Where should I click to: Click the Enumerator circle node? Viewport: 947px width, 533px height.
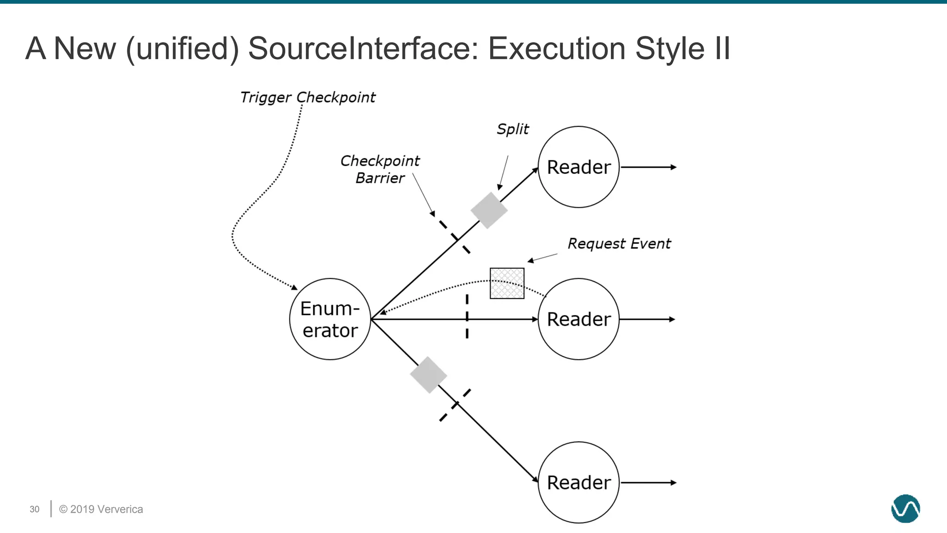point(330,319)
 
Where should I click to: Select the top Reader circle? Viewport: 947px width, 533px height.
point(578,167)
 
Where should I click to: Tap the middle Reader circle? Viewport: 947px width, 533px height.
point(578,319)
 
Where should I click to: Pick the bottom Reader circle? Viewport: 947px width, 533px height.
point(578,483)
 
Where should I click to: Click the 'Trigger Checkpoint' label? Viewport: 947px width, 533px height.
point(307,98)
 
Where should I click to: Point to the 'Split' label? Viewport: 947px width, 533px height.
point(512,129)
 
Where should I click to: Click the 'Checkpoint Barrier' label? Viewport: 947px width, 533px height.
point(380,169)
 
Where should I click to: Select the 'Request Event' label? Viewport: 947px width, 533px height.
point(619,244)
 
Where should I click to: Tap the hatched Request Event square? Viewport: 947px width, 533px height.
point(507,283)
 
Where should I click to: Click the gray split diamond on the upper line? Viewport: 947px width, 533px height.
point(489,211)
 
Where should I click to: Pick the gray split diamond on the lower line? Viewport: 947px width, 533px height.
point(428,375)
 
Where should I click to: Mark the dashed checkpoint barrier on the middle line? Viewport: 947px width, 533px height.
point(467,316)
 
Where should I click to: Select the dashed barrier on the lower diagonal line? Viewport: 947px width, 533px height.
point(455,405)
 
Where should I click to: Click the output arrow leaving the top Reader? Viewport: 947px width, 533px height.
point(648,167)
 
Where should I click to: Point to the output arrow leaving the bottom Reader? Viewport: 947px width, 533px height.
point(648,483)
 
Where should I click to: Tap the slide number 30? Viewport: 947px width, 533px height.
point(35,509)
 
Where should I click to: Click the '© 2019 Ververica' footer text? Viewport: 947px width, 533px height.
point(101,509)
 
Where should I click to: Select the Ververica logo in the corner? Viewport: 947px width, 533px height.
point(905,508)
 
